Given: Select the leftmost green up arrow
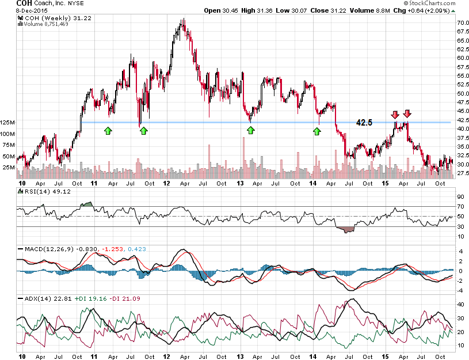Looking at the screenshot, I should pos(108,131).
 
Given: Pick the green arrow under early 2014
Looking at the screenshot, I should pos(317,131).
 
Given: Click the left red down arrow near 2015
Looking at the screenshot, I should pos(395,113).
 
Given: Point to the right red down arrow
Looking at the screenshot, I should pos(407,113).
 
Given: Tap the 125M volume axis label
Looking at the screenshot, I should pos(7,123).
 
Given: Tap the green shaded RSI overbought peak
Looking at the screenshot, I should pos(87,204).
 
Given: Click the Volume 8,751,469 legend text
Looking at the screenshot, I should pos(47,24).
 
